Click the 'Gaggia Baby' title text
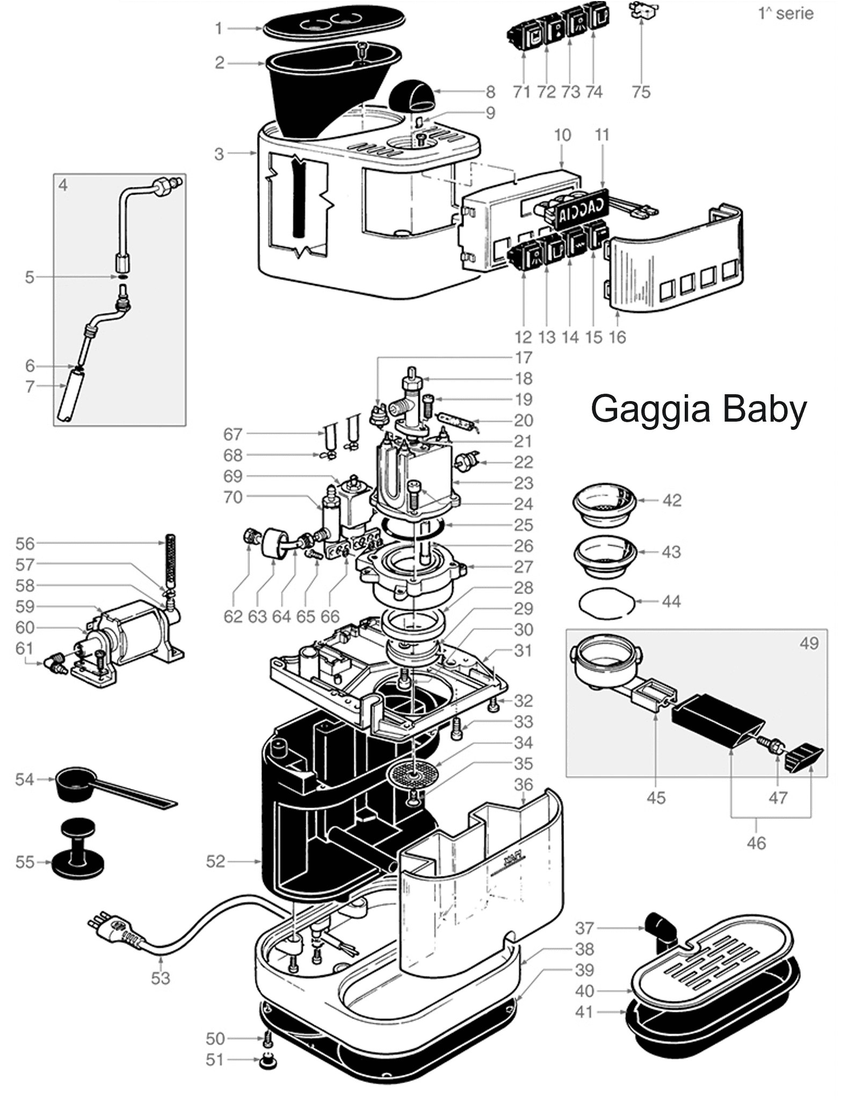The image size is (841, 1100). [x=698, y=409]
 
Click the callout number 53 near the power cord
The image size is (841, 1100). [x=160, y=978]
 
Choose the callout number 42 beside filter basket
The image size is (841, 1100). [x=672, y=500]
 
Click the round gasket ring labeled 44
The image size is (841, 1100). [x=607, y=602]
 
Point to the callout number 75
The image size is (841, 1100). [x=641, y=92]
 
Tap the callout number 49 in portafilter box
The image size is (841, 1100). [x=809, y=643]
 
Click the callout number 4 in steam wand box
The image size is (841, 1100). [x=63, y=185]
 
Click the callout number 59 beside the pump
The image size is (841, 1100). [x=25, y=606]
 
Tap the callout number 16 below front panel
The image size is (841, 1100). [x=618, y=337]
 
